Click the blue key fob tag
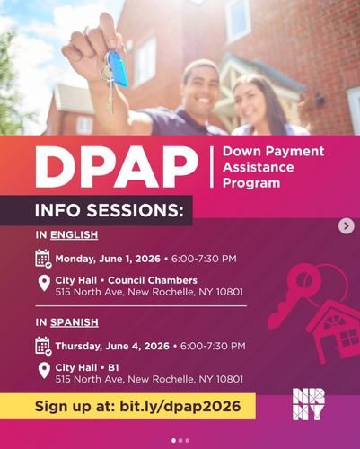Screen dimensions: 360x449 (x=119, y=68)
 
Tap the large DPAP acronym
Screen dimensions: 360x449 (x=117, y=167)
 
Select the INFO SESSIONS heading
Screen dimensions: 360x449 (x=110, y=210)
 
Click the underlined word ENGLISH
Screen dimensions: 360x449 (x=74, y=234)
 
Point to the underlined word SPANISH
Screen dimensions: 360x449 (x=75, y=322)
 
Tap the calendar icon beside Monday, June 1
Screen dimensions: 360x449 (x=43, y=259)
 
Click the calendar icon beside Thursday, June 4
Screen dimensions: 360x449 (x=43, y=346)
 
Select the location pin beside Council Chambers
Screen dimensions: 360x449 (x=44, y=283)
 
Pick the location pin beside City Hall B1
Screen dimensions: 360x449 (x=44, y=371)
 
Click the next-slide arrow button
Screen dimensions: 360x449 (x=347, y=226)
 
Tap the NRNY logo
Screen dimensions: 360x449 (x=309, y=404)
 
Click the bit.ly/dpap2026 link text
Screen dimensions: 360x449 (x=180, y=406)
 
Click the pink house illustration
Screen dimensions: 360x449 (x=333, y=330)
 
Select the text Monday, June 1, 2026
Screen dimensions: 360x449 (x=108, y=259)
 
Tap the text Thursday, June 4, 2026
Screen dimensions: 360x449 (x=112, y=346)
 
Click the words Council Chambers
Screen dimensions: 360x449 (x=153, y=280)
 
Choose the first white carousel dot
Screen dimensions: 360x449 (x=173, y=440)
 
